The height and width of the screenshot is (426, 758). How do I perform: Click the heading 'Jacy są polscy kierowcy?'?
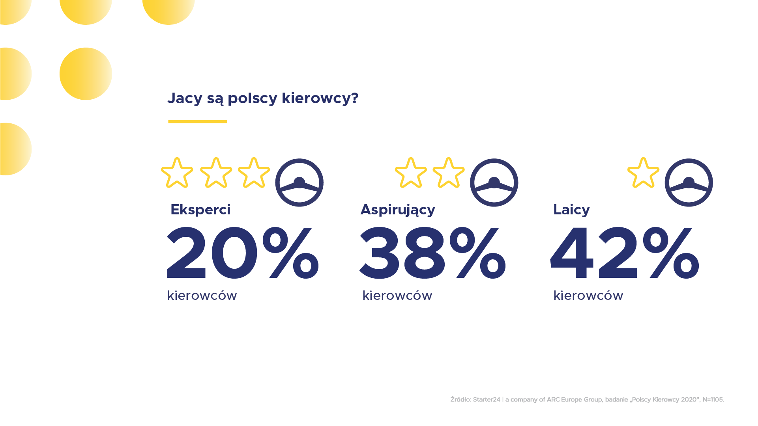click(x=263, y=98)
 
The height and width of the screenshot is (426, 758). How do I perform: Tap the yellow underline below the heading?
click(x=197, y=121)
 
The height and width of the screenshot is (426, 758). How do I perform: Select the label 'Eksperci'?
click(x=200, y=210)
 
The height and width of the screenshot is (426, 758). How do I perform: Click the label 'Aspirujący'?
click(x=397, y=210)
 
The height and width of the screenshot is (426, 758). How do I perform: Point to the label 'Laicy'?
click(x=571, y=210)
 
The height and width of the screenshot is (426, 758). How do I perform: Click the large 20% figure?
click(x=242, y=253)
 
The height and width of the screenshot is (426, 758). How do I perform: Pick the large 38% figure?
click(x=432, y=253)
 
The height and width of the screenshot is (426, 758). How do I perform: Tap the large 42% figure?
click(x=625, y=253)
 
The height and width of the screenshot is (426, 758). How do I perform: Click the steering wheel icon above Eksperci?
click(x=299, y=182)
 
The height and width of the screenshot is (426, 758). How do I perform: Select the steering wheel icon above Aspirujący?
click(x=494, y=182)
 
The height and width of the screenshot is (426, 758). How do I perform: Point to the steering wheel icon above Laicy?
click(x=689, y=182)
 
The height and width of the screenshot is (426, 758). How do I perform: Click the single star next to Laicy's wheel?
click(x=643, y=173)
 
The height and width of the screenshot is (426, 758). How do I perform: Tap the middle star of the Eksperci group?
click(x=216, y=173)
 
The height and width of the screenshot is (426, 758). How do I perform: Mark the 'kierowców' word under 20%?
click(x=202, y=296)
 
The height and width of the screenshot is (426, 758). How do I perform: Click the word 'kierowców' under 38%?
click(x=397, y=296)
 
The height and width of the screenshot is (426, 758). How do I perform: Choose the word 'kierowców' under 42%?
click(x=588, y=296)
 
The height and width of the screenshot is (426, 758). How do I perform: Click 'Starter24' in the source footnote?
click(x=487, y=400)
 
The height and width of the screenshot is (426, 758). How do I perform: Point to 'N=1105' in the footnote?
click(x=713, y=400)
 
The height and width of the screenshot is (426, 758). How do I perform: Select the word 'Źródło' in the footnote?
click(x=460, y=400)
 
